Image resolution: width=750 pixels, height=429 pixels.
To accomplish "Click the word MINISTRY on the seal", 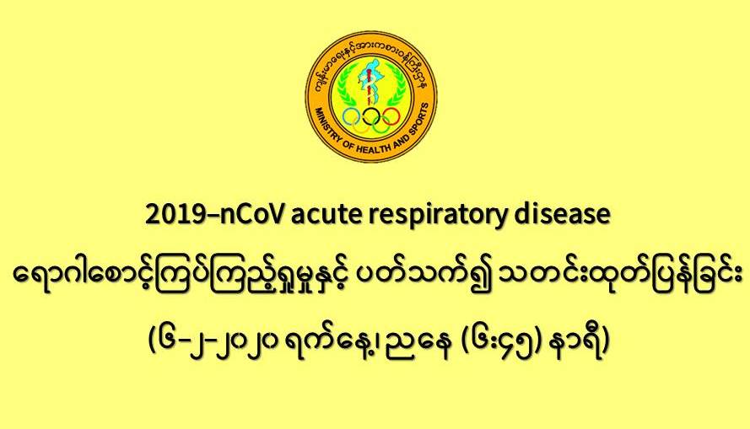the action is click(327, 126).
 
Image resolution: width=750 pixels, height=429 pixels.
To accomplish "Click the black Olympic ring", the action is click(371, 116).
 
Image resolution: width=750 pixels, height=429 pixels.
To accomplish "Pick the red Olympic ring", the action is click(391, 116).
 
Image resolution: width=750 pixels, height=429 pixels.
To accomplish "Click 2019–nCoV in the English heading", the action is click(216, 215).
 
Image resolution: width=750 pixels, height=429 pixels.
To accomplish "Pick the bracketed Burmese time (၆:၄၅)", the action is click(507, 343).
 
